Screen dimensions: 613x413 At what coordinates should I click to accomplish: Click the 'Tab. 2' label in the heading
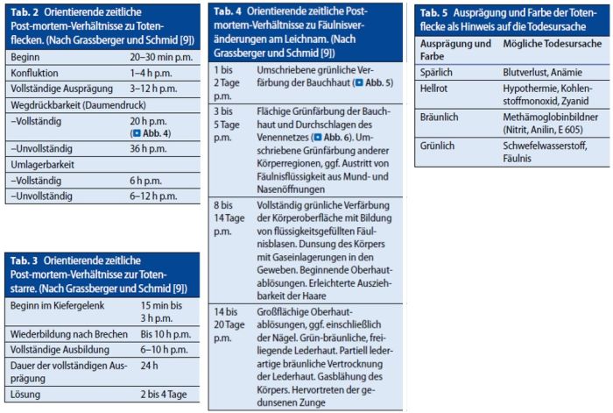tap(25, 12)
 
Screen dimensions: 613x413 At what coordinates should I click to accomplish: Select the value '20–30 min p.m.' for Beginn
tap(161, 57)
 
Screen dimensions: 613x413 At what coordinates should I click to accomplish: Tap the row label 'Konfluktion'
tap(34, 73)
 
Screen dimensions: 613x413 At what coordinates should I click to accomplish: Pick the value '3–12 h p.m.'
tap(153, 89)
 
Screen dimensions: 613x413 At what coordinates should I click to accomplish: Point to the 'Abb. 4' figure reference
tap(152, 133)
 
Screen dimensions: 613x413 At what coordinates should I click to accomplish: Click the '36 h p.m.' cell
tap(148, 149)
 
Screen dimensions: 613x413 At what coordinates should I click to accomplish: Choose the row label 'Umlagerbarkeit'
tap(42, 165)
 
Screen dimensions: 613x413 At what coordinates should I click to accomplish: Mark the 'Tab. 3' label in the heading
tap(25, 260)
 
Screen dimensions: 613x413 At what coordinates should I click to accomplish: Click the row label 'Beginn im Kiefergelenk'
tap(57, 305)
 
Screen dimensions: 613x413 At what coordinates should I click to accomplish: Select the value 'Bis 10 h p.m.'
tap(166, 334)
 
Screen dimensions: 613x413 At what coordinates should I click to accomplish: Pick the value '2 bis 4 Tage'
tap(164, 395)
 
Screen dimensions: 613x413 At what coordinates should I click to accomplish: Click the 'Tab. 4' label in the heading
tap(228, 11)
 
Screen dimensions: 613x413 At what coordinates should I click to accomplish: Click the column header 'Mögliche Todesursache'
tap(552, 44)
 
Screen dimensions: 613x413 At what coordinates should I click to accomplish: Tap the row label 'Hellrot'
tap(433, 89)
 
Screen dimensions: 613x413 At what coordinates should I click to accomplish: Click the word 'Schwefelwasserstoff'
tap(545, 146)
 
